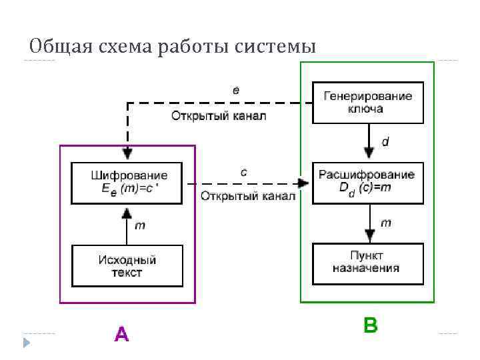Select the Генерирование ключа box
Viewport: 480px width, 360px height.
click(x=368, y=102)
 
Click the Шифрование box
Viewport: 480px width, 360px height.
click(x=129, y=182)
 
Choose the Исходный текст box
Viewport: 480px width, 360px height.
click(x=127, y=265)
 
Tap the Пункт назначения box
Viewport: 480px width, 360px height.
click(x=367, y=262)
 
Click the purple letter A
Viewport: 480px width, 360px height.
click(x=121, y=333)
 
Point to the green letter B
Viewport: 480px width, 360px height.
click(x=370, y=325)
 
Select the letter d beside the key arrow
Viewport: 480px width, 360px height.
click(x=385, y=142)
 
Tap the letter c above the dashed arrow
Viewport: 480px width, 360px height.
click(x=243, y=172)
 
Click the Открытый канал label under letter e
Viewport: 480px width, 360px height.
click(x=219, y=116)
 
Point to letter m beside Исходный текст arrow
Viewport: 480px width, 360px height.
click(x=140, y=225)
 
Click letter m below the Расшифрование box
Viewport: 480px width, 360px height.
click(x=385, y=222)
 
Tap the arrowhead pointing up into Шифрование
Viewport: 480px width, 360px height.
click(x=127, y=212)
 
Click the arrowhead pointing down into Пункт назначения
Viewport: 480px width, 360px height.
click(x=369, y=236)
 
